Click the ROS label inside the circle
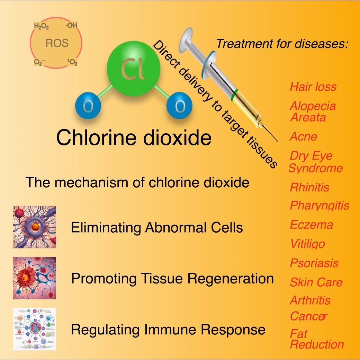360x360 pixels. click(57, 44)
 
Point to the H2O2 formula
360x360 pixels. click(42, 26)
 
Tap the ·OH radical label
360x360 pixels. click(71, 25)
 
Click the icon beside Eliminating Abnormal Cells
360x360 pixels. click(35, 227)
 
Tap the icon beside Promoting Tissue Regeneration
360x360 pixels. click(35, 278)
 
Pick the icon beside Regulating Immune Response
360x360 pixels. click(35, 329)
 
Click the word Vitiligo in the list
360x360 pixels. click(307, 244)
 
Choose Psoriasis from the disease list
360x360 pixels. click(314, 263)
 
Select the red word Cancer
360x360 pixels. click(308, 316)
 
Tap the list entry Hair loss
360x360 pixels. click(313, 87)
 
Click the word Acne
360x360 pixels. click(303, 136)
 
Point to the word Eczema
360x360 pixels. click(311, 225)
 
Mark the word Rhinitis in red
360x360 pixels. click(309, 188)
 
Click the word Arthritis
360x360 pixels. click(310, 300)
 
